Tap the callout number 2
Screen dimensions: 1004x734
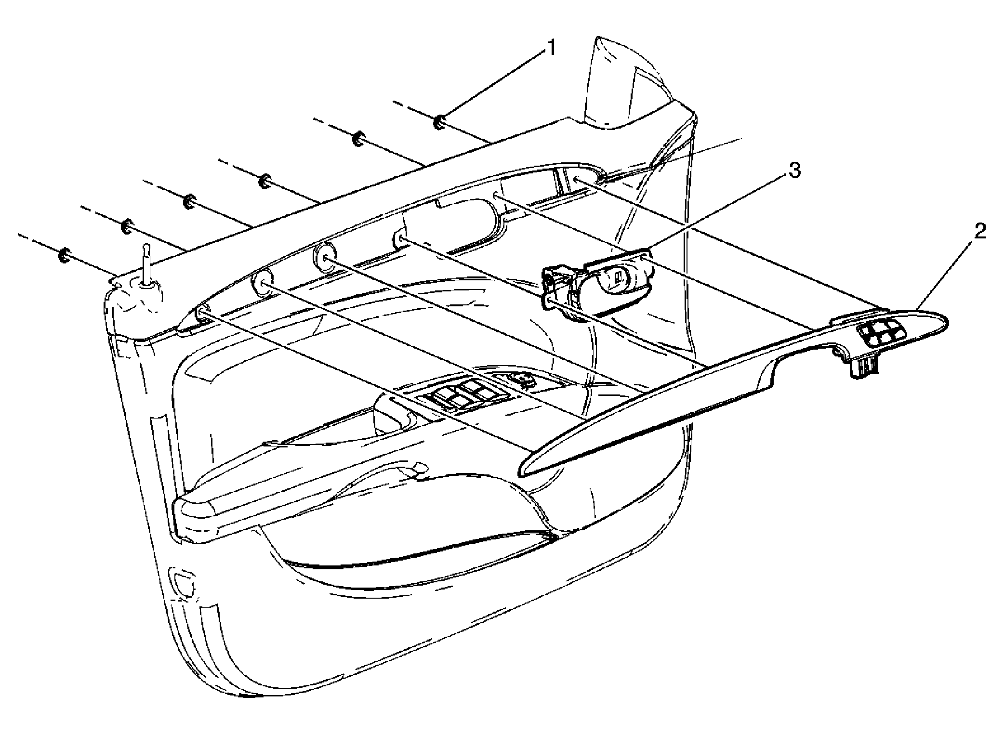(979, 233)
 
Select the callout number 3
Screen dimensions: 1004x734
(794, 170)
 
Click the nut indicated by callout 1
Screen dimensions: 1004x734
(439, 123)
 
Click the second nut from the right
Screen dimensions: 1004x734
(358, 140)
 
